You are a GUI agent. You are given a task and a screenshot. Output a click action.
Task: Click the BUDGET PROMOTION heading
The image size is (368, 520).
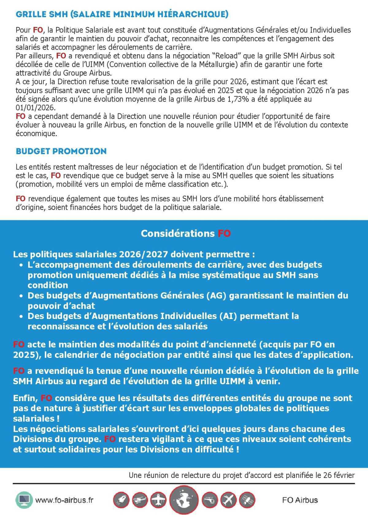point(61,151)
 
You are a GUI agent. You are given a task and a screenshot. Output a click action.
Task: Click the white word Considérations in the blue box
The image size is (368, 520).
point(178,233)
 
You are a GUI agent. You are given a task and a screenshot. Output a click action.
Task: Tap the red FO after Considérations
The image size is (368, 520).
point(224,233)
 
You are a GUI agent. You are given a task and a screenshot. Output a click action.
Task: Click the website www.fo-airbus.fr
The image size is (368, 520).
point(64,500)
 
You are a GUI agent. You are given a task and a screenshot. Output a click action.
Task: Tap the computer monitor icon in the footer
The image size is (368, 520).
point(24,500)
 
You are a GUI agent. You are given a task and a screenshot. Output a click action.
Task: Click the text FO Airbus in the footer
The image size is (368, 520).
point(300,500)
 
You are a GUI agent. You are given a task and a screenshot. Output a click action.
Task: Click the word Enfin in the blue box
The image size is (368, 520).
point(25,398)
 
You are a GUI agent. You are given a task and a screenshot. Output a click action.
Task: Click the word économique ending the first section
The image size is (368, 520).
point(36,134)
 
